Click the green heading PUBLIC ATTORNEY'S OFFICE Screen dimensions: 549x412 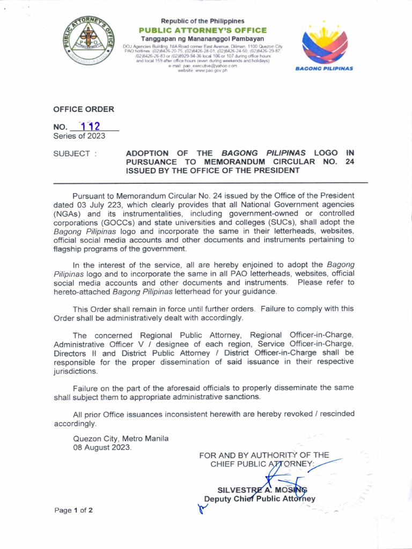pyautogui.click(x=203, y=30)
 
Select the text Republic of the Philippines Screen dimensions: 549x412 pyautogui.click(x=202, y=21)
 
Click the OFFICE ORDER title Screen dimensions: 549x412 pyautogui.click(x=83, y=109)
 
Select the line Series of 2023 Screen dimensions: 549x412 pyautogui.click(x=79, y=136)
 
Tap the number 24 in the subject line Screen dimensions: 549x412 pyautogui.click(x=350, y=162)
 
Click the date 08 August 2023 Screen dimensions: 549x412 pyautogui.click(x=102, y=447)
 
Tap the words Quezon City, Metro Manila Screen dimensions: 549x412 pyautogui.click(x=121, y=438)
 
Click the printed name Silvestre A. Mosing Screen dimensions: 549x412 pyautogui.click(x=262, y=489)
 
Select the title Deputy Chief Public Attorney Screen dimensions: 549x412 pyautogui.click(x=260, y=499)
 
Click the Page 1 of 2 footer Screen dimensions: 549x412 pyautogui.click(x=73, y=510)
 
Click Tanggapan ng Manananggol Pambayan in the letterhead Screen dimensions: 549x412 pyautogui.click(x=202, y=39)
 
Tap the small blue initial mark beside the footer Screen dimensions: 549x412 pyautogui.click(x=202, y=509)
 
